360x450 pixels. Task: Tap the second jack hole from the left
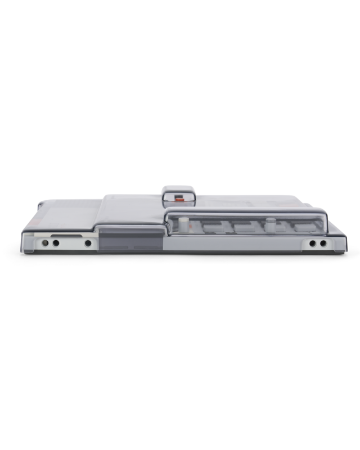pyautogui.click(x=56, y=244)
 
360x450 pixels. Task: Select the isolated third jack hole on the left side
pyautogui.click(x=88, y=244)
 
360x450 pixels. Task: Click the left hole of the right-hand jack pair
pyautogui.click(x=312, y=244)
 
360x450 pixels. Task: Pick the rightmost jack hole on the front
pyautogui.click(x=322, y=244)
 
